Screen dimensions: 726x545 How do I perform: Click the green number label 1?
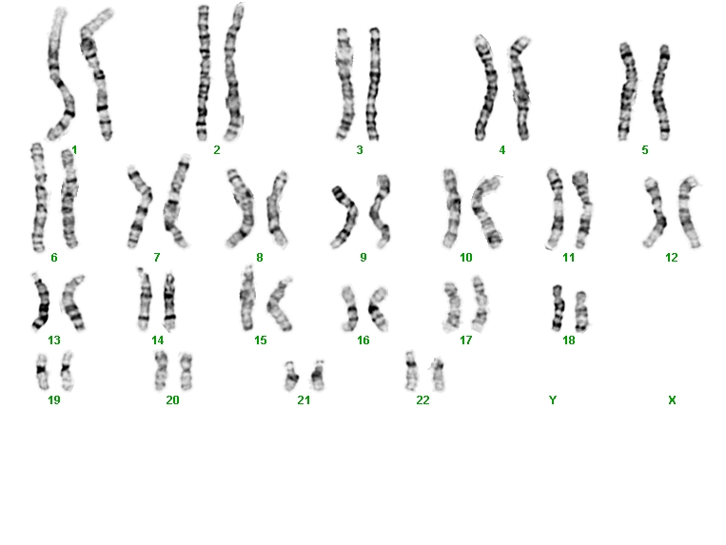(x=74, y=150)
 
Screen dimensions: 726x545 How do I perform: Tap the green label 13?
(x=54, y=341)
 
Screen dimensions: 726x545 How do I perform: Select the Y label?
(x=553, y=399)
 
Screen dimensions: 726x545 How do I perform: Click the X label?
(x=672, y=399)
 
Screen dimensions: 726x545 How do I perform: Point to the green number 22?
(x=422, y=399)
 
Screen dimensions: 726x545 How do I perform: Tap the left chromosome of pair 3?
(x=344, y=84)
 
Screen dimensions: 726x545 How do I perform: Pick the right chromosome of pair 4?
(x=520, y=88)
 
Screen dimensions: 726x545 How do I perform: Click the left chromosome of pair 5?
(x=627, y=91)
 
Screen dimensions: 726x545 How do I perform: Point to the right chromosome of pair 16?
(x=378, y=309)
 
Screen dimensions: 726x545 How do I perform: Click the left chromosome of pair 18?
(x=558, y=308)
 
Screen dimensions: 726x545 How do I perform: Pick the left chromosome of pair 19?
(x=42, y=372)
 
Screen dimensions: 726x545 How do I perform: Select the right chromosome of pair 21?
(x=318, y=376)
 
